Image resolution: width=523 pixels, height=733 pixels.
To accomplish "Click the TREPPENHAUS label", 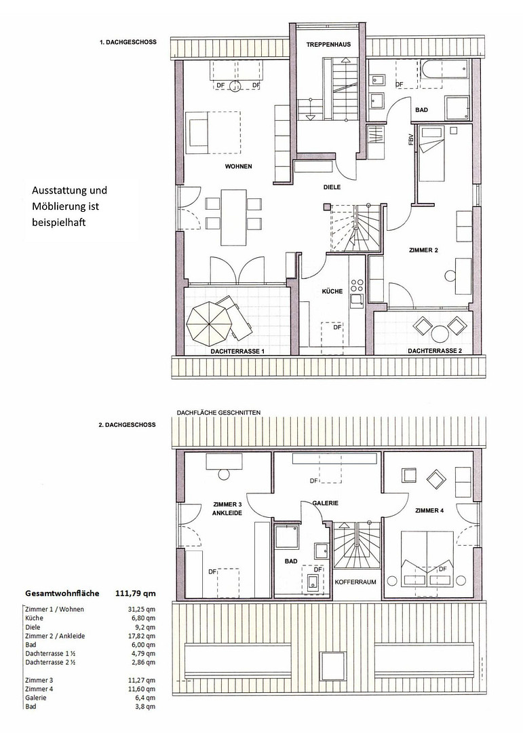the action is (x=328, y=45).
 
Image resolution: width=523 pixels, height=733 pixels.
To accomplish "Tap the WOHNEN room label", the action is (x=238, y=166).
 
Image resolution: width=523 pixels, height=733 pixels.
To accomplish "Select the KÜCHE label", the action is (x=332, y=291).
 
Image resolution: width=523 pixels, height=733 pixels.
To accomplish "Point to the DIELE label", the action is (x=332, y=187).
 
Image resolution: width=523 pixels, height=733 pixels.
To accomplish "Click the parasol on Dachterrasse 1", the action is (x=208, y=320).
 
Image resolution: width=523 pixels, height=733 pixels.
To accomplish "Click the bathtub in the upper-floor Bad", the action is (x=444, y=70).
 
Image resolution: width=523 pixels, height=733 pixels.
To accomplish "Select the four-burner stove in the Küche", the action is (x=357, y=286).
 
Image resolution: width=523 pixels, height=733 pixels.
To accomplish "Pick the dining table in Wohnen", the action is (x=233, y=217).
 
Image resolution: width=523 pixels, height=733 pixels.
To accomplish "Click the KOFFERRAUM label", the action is (x=355, y=582).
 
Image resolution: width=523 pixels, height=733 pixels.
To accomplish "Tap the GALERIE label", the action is (x=326, y=503).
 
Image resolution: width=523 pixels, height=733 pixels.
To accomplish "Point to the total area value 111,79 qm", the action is (x=136, y=593).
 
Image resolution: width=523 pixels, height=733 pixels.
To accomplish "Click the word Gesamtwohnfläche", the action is (x=62, y=593).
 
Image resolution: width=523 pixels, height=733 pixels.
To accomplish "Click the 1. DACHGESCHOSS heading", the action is (x=128, y=42).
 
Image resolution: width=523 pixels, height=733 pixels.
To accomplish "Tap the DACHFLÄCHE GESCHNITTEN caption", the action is (x=218, y=413).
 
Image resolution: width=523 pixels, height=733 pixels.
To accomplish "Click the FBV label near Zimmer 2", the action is (x=411, y=140).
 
